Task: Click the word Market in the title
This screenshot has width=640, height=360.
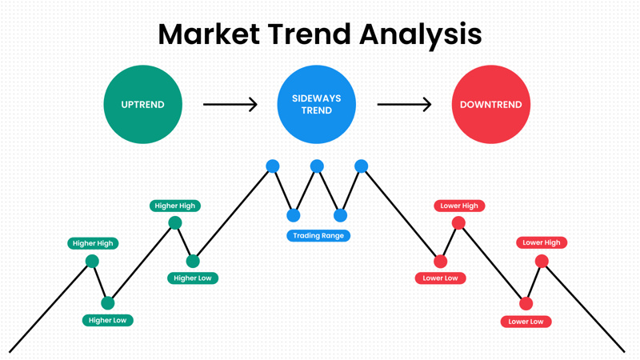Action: [x=209, y=34]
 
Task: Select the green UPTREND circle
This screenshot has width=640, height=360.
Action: [x=143, y=105]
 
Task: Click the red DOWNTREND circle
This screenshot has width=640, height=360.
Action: [x=491, y=105]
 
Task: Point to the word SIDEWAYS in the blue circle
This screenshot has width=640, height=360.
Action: [x=316, y=98]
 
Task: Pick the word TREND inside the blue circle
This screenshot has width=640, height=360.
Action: [x=316, y=110]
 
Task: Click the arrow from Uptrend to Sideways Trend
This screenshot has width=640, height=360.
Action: [x=230, y=105]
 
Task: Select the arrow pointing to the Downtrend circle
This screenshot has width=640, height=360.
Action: [x=404, y=105]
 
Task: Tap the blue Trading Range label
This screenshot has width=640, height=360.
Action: [x=318, y=235]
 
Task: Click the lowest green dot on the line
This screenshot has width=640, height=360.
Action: [x=108, y=303]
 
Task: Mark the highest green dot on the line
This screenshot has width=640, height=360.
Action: [x=175, y=223]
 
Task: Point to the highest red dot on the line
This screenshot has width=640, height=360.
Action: [x=458, y=223]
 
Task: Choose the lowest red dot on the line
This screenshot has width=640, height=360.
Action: [x=526, y=304]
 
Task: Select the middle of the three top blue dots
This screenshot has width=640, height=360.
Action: [x=317, y=166]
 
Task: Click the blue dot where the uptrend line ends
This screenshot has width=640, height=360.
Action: [x=273, y=166]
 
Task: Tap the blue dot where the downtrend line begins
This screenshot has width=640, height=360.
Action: [x=362, y=166]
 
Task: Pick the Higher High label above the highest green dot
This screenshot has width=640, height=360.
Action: [x=175, y=206]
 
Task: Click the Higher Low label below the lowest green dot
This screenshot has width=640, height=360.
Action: [x=108, y=321]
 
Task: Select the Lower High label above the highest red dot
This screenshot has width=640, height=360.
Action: [x=459, y=206]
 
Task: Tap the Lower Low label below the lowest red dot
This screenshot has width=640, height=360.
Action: [x=526, y=322]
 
